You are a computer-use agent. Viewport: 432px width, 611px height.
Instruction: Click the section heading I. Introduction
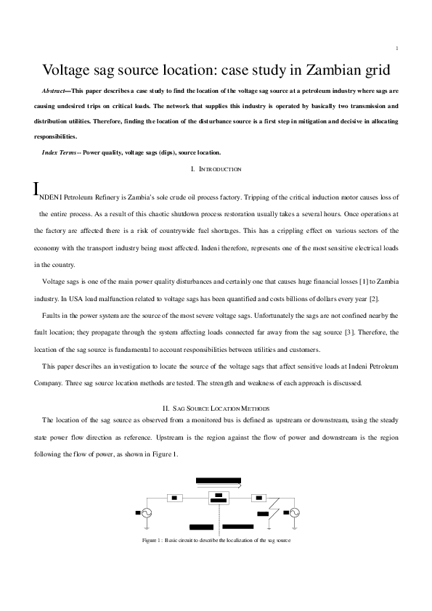point(216,169)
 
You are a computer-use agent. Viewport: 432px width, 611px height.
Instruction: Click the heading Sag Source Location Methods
point(216,410)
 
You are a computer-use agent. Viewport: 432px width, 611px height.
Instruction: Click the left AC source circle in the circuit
point(145,512)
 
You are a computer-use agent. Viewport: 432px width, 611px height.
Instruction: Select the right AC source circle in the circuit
point(295,512)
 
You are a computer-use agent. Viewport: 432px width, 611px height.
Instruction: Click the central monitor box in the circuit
point(219,498)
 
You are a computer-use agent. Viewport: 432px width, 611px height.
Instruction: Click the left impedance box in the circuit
point(175,498)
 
